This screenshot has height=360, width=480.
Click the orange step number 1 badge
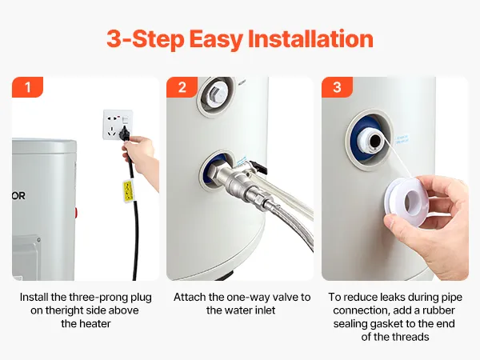(x=27, y=87)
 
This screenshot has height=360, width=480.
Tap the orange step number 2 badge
(x=182, y=87)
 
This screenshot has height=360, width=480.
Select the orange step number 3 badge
(x=337, y=87)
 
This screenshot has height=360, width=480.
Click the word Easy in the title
(x=216, y=39)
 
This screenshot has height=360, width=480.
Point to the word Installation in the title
(x=310, y=38)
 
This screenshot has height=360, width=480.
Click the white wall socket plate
(x=118, y=124)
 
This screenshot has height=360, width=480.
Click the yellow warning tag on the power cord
(x=128, y=191)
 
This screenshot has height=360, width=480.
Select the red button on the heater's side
(x=75, y=213)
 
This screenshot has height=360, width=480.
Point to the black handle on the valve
(x=258, y=166)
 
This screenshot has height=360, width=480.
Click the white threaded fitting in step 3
(x=371, y=141)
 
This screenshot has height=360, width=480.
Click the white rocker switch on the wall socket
(x=126, y=120)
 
